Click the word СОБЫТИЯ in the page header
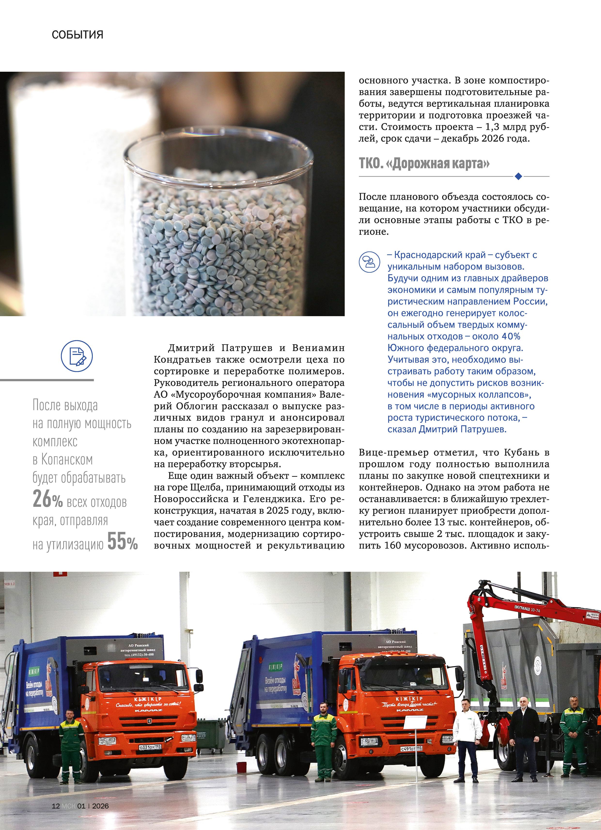[77, 35]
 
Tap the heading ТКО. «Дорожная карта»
[424, 163]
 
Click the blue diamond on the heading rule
[518, 176]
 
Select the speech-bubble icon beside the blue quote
[369, 261]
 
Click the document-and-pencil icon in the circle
[77, 356]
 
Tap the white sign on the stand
[415, 723]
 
